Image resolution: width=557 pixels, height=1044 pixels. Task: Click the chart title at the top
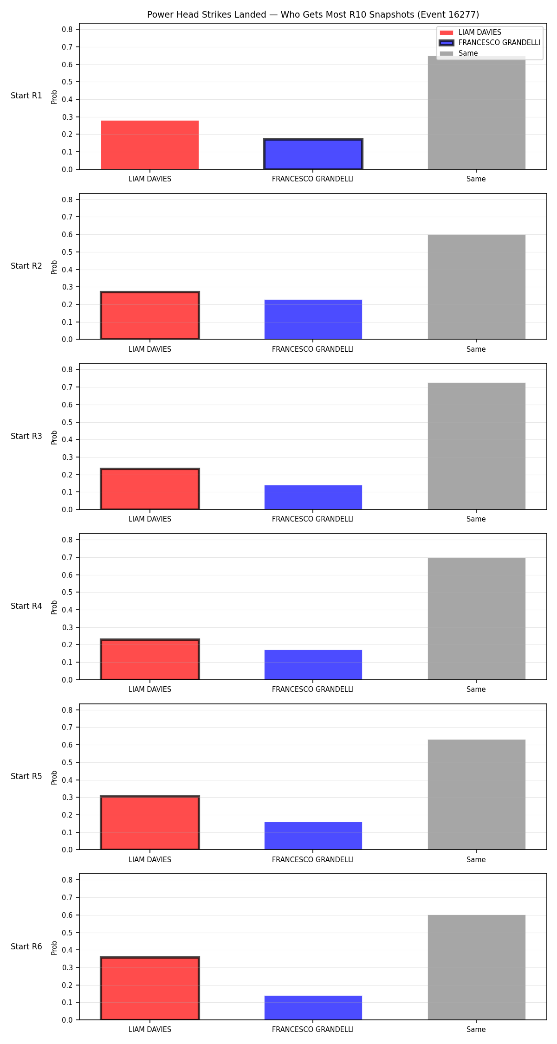click(313, 14)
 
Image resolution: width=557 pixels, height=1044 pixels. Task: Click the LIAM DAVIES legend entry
click(471, 32)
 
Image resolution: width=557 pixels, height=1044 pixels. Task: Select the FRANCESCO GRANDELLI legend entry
click(490, 43)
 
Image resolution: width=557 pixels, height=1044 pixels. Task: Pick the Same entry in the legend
click(459, 53)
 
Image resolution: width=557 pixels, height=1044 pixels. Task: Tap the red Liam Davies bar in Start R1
click(150, 145)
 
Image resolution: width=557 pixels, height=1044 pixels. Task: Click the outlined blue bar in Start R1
click(313, 154)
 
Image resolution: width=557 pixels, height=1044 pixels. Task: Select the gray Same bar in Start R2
click(477, 287)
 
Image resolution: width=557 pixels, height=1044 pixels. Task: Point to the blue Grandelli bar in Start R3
click(313, 497)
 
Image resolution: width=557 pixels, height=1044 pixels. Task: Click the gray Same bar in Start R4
click(477, 619)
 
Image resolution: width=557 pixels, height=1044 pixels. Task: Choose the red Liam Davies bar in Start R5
click(150, 823)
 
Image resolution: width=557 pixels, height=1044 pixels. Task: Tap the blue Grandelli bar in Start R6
click(313, 1007)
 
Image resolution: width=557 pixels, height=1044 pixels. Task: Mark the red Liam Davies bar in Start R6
click(150, 988)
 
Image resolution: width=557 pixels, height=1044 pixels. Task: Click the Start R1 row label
click(26, 96)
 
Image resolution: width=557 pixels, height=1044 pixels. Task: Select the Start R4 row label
click(26, 606)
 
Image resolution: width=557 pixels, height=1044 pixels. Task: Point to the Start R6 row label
click(26, 947)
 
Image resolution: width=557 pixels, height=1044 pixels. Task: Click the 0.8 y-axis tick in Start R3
click(67, 370)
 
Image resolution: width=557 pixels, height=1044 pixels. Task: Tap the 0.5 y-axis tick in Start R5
click(67, 762)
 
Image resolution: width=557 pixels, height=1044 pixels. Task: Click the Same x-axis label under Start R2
click(476, 349)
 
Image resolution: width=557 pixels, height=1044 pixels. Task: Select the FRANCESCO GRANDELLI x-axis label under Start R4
click(313, 690)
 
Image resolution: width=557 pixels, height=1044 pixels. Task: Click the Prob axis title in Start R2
click(54, 267)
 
